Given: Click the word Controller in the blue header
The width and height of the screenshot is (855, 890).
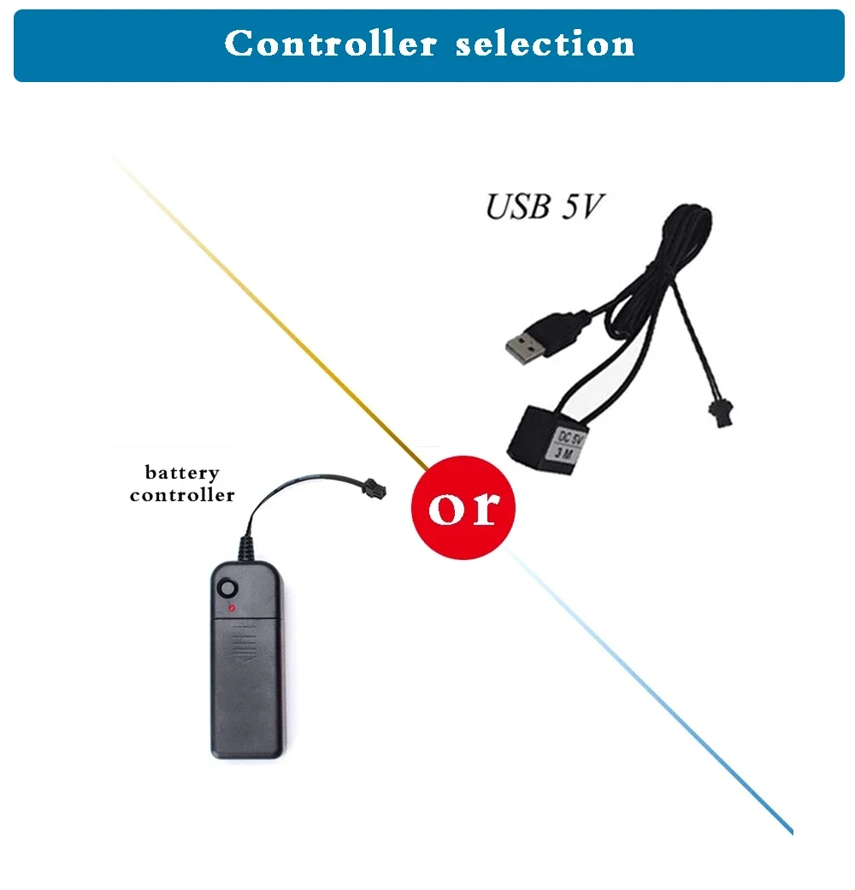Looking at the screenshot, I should coord(330,44).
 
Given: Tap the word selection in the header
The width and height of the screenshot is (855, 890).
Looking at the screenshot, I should coord(545,44).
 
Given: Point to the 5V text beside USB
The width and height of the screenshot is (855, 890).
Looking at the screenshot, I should coord(578,208).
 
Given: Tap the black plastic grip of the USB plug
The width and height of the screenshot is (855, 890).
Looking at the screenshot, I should coord(559,325).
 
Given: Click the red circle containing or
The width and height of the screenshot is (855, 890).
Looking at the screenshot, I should coord(463,508).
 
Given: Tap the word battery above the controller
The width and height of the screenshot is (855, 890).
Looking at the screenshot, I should coord(182,473).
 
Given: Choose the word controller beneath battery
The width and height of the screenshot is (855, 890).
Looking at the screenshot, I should coord(182,495).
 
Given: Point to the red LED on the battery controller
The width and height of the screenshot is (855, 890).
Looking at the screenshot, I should coord(231,609).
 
